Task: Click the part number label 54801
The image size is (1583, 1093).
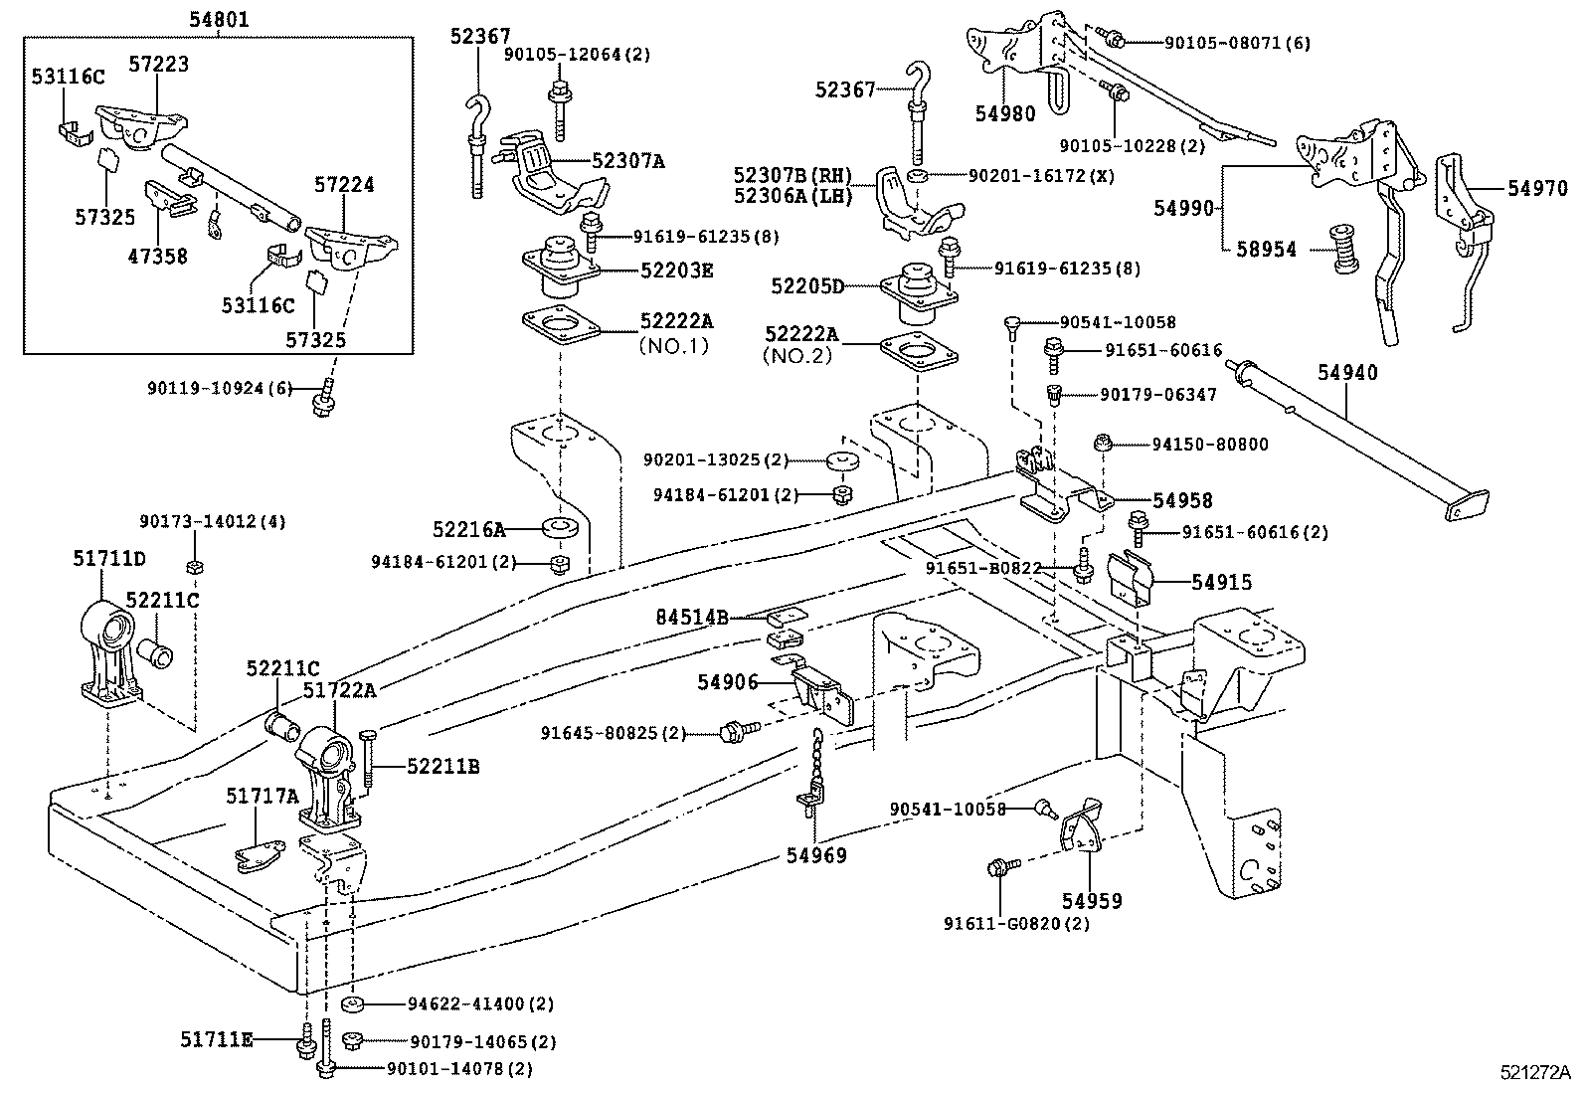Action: [219, 19]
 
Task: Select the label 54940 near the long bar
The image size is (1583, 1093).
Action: [1347, 373]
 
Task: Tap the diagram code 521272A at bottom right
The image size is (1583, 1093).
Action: [1535, 1073]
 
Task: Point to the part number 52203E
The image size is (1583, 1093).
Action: [677, 271]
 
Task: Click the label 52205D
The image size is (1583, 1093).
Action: [807, 286]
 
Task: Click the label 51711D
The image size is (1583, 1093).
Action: [108, 559]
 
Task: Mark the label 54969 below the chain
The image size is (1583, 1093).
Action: [816, 855]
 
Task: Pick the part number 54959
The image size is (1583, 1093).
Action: [1091, 901]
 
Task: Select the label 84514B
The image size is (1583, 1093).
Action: [691, 619]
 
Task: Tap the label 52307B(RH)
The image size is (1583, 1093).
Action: [793, 176]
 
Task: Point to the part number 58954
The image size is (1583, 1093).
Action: [1267, 250]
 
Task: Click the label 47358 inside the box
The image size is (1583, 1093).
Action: [157, 257]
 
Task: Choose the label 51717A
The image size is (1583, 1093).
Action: [262, 796]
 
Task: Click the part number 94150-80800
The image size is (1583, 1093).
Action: [1210, 445]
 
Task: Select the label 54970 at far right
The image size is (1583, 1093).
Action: [1536, 188]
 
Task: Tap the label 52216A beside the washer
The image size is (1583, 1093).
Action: [468, 530]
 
